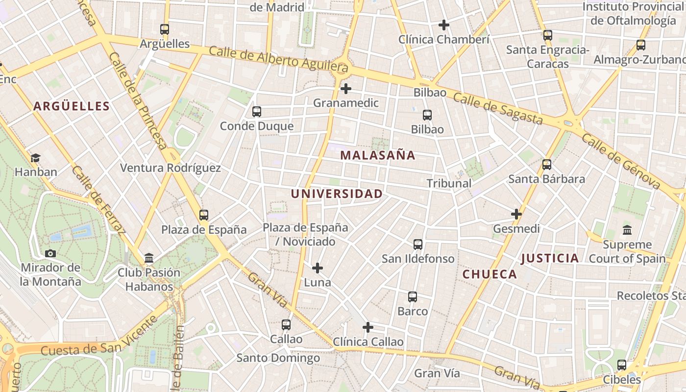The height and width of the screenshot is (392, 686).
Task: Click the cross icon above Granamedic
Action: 346,89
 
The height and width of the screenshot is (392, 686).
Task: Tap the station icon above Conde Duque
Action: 257,112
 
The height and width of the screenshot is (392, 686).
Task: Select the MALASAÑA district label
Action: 378,155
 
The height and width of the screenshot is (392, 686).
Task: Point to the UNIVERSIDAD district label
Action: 337,194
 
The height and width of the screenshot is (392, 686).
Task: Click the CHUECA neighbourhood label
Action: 490,274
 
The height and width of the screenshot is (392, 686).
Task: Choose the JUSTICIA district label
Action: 550,258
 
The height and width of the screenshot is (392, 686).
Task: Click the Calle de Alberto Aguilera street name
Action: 278,58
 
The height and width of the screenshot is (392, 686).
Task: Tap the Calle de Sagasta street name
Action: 498,108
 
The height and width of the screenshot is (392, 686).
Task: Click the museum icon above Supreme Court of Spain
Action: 627,230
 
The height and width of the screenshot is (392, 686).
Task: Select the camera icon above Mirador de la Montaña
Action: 50,253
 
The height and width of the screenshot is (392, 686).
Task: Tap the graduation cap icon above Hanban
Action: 35,158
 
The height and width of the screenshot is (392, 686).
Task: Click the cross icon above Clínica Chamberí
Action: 444,25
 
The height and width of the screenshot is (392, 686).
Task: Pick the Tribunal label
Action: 449,183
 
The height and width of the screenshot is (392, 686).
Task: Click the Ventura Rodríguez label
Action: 171,168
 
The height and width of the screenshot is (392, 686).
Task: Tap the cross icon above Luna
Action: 318,268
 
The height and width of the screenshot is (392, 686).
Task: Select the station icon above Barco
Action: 413,297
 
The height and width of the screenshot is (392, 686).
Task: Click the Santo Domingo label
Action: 278,358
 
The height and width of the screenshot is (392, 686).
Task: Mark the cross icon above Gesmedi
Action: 516,214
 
